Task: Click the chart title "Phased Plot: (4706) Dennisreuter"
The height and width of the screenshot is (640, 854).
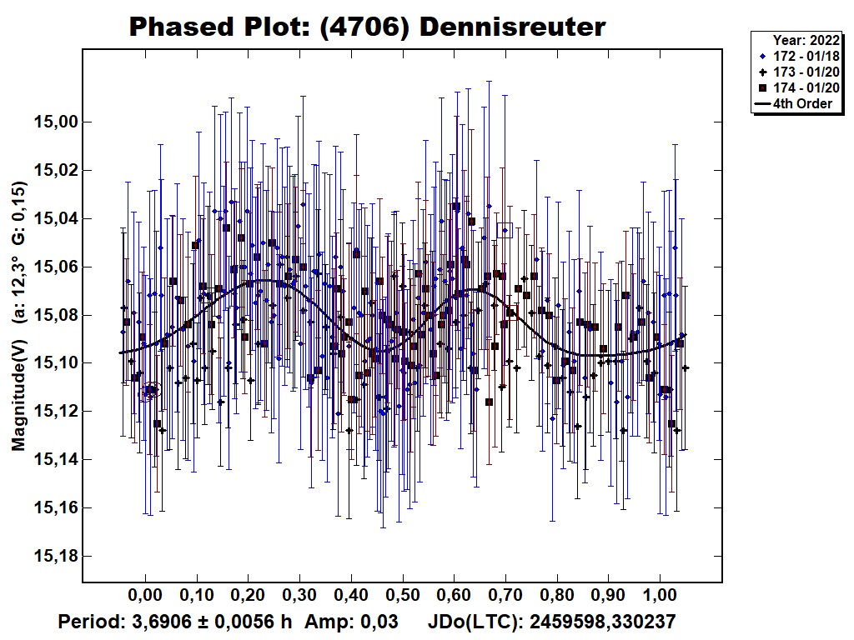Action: click(x=367, y=27)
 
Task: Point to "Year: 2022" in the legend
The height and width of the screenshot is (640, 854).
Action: click(x=806, y=40)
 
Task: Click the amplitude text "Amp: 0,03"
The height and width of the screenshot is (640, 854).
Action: click(x=351, y=622)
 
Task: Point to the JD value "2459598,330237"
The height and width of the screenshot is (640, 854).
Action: click(x=602, y=622)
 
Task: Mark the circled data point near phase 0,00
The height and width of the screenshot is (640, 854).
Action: click(x=149, y=390)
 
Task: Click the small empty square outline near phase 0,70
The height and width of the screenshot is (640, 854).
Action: click(x=505, y=230)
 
